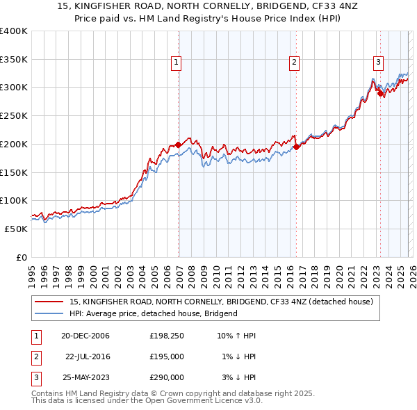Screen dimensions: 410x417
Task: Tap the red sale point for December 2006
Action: pos(179,145)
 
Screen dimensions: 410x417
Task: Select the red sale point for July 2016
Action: pos(297,147)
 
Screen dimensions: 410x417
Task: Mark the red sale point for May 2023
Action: pos(380,93)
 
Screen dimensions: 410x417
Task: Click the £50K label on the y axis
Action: pos(16,229)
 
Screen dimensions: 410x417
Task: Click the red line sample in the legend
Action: pos(50,302)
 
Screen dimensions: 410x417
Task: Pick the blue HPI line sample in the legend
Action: pos(50,313)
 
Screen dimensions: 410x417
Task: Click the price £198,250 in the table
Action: pos(167,336)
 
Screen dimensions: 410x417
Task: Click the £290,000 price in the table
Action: pos(167,377)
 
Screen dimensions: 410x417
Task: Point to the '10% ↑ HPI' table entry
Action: pos(237,336)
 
